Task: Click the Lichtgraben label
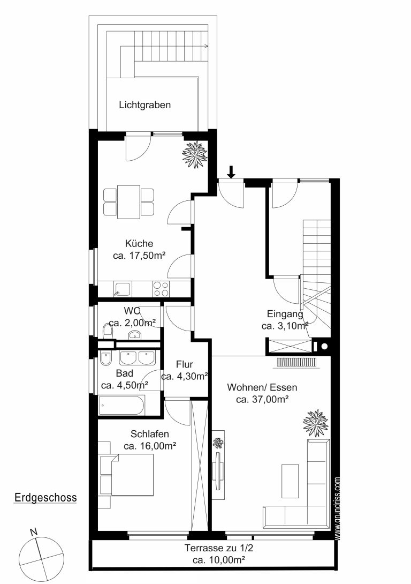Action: pos(144,105)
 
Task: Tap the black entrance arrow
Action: pos(231,171)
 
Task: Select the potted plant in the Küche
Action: pos(194,154)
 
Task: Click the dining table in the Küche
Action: pos(128,202)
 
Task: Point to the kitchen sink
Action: pos(123,289)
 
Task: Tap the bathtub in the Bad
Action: pos(121,405)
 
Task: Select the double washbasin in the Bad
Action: pos(137,357)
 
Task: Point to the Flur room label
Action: pos(185,364)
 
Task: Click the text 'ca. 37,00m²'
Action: pos(263,400)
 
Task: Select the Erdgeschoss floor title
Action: pos(45,498)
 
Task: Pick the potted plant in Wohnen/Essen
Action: pos(316,423)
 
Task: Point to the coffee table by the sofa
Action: pos(290,481)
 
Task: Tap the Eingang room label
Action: pos(285,314)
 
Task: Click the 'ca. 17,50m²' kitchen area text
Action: pos(139,256)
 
